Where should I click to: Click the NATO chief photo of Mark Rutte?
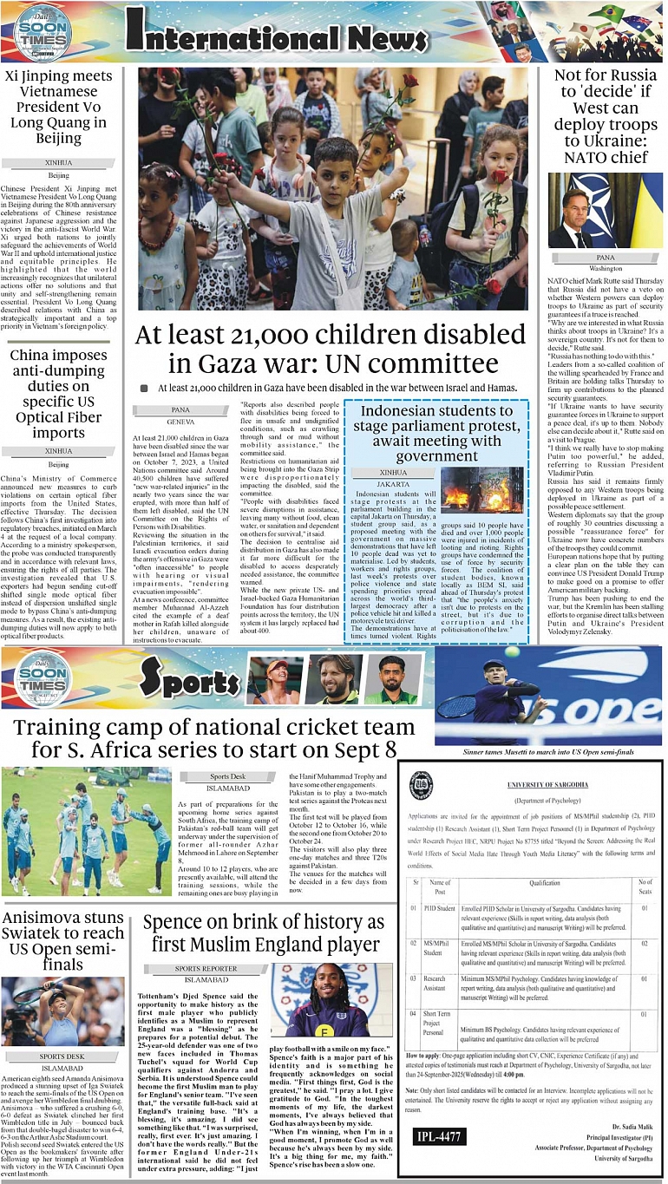(605, 211)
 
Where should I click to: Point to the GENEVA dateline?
(180, 420)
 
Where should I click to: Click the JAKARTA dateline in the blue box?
(392, 482)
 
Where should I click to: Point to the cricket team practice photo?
(87, 831)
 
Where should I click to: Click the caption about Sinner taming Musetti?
(547, 752)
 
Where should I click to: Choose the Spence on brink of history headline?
(263, 932)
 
